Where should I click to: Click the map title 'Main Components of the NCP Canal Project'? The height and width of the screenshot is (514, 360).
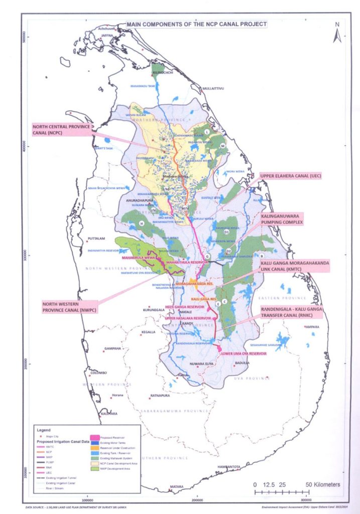pyautogui.click(x=196, y=24)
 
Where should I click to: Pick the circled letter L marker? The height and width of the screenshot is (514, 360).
pyautogui.click(x=206, y=132)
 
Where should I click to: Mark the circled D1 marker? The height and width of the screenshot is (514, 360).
pyautogui.click(x=226, y=232)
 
